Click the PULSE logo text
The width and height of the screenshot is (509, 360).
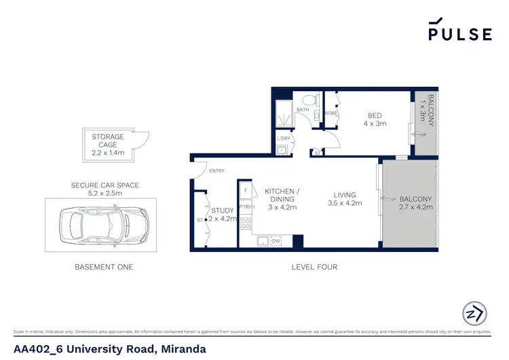[459, 34]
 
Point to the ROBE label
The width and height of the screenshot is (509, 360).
[331, 113]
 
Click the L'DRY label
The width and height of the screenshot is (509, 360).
[284, 139]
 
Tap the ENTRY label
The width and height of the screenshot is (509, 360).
[217, 170]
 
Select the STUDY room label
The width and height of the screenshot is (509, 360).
[223, 215]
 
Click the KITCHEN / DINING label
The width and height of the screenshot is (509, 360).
[280, 195]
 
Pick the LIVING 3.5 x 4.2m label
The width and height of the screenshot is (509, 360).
[345, 198]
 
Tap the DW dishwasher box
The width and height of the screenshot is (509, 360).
[276, 240]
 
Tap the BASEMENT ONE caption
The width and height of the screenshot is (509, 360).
[104, 267]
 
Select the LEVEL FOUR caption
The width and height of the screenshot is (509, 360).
[314, 267]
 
